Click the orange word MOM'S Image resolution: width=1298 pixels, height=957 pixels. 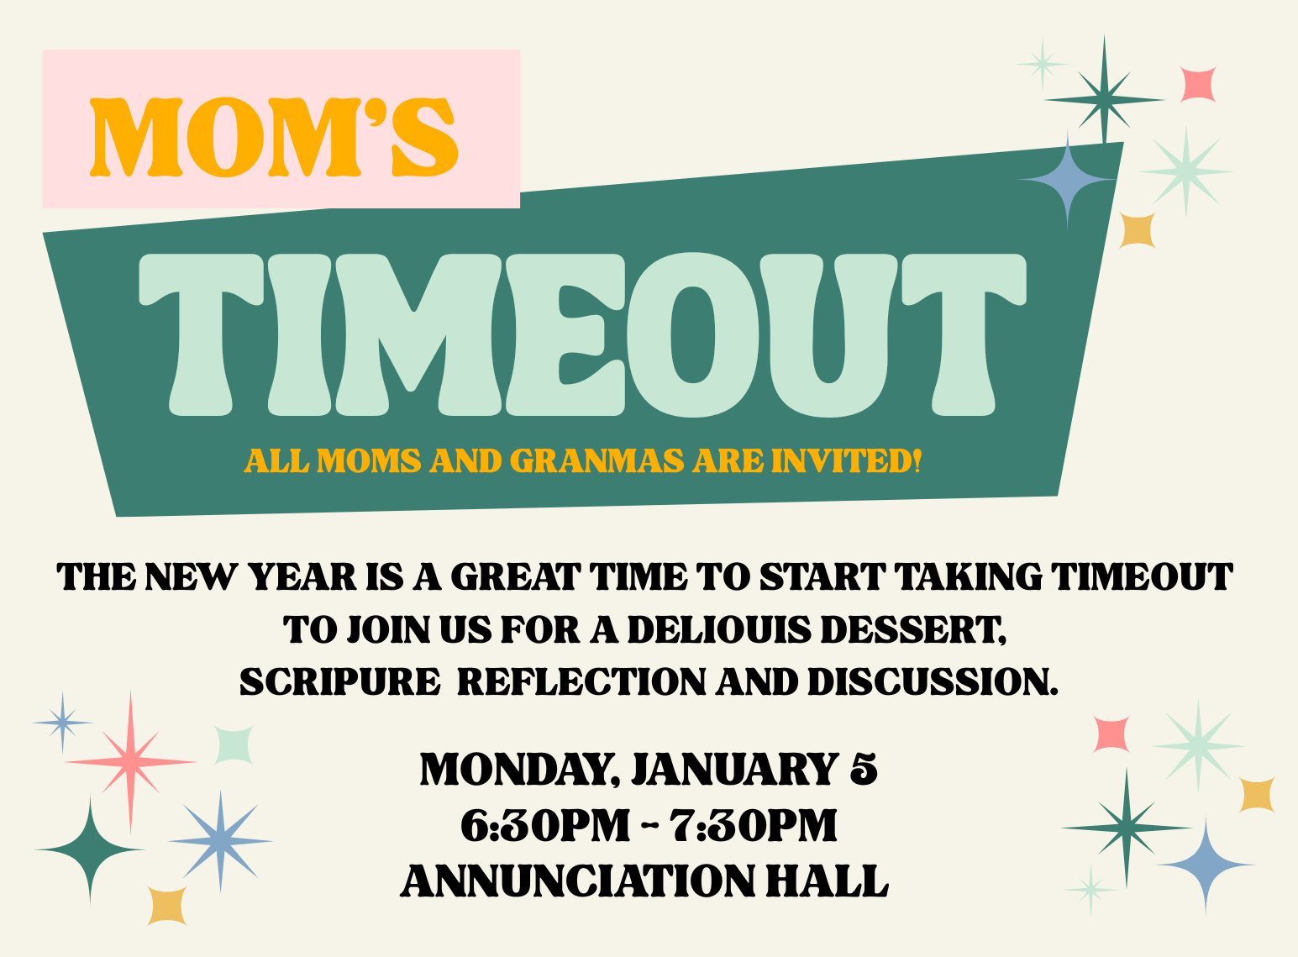point(274,137)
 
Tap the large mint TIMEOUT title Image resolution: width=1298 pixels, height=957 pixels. point(582,335)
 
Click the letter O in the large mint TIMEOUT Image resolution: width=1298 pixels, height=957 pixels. point(692,335)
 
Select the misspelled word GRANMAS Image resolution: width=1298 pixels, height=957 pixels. point(596,460)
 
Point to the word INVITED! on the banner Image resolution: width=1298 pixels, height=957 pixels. point(846,460)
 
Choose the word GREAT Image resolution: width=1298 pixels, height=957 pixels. point(516,576)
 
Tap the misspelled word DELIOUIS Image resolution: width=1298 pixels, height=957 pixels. point(718,629)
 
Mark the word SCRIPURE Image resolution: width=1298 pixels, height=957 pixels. point(339,681)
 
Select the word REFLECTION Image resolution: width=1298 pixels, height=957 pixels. point(581,681)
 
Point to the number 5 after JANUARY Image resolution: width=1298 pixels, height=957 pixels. point(863,769)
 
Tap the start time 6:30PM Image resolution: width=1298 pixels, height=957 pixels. point(544,825)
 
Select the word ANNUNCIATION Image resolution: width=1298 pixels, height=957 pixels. point(578,881)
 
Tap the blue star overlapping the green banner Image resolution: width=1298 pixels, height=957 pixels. point(1067,180)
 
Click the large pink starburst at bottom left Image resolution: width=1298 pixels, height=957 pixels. point(131,762)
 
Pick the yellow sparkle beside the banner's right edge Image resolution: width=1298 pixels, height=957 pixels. point(1137,231)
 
